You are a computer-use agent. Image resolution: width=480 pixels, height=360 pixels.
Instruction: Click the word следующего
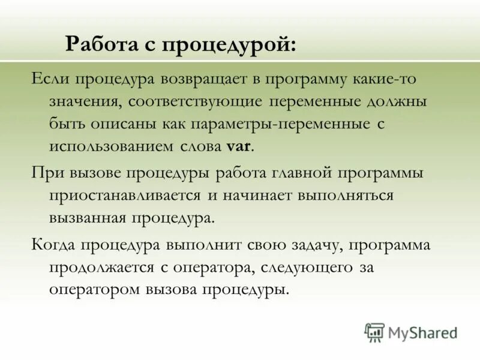click(x=301, y=267)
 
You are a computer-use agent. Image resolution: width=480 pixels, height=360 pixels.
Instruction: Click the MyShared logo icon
click(x=374, y=331)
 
